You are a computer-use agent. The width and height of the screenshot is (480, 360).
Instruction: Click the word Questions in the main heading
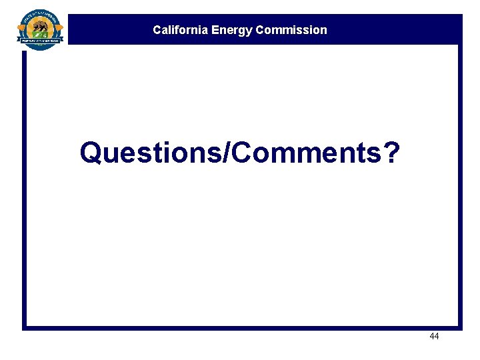[152, 153]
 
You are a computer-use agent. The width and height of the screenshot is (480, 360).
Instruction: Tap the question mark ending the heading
[392, 153]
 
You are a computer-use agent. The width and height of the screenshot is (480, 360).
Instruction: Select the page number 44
[434, 337]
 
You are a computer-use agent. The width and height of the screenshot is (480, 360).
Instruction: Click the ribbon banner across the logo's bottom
[41, 41]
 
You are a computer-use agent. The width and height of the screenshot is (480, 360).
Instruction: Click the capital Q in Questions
[91, 153]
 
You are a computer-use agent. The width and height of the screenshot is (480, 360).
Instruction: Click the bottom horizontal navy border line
[240, 327]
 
